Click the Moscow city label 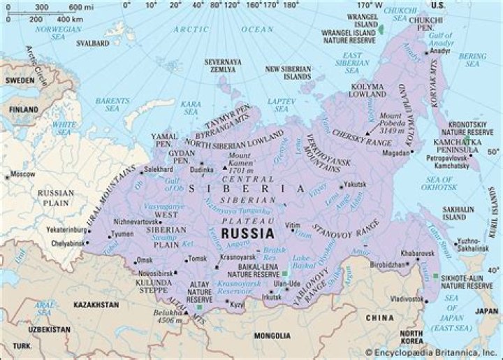coord(23,173)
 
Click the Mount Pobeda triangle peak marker coord(368,133)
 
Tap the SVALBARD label coord(94,43)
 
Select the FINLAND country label coord(24,110)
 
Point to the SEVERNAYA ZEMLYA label coord(223,66)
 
